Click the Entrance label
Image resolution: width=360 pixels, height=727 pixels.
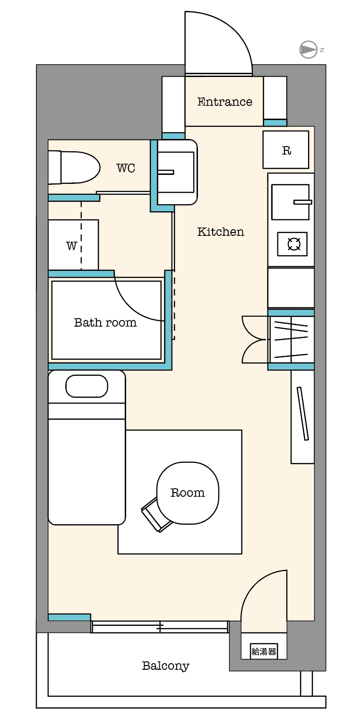coord(224,102)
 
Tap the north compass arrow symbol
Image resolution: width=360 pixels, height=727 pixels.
coord(309,50)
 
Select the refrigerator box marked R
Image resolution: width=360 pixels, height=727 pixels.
coord(286,150)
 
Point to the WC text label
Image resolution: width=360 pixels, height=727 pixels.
coord(126,168)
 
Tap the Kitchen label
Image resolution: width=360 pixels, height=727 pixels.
coord(221,232)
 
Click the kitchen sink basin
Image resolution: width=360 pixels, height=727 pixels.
coord(290,202)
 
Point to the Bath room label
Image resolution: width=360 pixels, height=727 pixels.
coord(105,322)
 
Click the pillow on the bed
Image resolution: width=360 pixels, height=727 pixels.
coord(86,386)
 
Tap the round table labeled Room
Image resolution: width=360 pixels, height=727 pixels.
coord(188,493)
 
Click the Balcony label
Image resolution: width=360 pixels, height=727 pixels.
coord(165,666)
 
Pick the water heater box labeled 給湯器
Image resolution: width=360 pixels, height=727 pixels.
coord(264,651)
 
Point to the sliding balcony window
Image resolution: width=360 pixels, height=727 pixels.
coord(160,627)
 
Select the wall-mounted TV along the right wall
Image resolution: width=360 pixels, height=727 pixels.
coord(302,414)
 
